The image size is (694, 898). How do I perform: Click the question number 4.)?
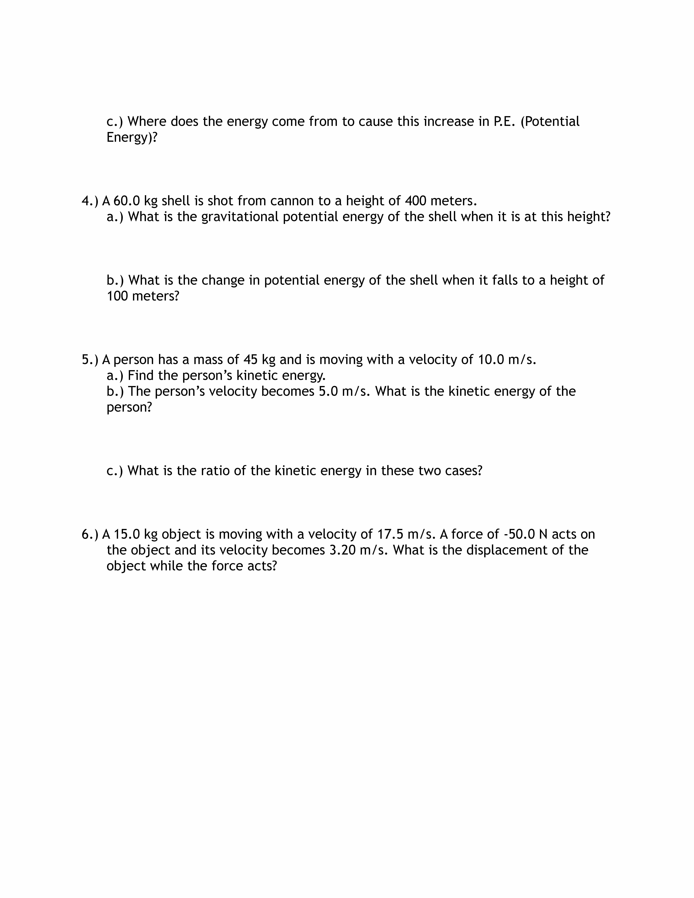(x=90, y=201)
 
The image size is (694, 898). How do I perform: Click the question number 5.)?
(x=90, y=360)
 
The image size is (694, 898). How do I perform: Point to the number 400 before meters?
(x=415, y=201)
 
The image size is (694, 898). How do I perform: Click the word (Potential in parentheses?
(x=550, y=122)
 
